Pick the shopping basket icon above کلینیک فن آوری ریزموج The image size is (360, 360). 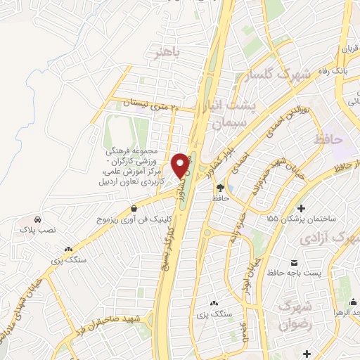pos(134,208)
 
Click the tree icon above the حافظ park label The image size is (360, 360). pos(221,188)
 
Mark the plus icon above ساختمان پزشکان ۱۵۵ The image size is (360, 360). pos(302,208)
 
